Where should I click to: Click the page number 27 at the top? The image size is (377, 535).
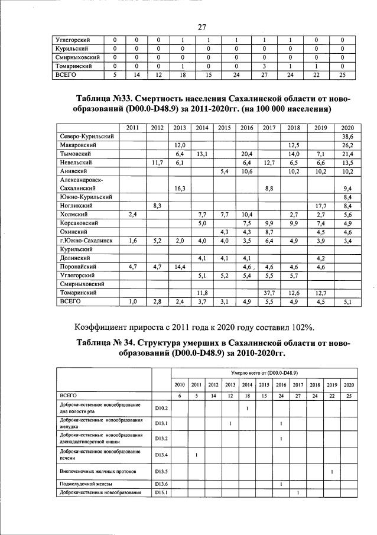tap(201, 27)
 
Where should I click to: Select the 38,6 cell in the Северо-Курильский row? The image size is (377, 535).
tap(347, 136)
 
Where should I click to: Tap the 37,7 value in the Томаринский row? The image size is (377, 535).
tap(269, 292)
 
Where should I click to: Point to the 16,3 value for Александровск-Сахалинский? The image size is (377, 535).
tap(180, 187)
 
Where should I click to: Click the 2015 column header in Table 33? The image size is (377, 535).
tap(225, 128)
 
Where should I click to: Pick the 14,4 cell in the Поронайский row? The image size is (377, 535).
tap(180, 267)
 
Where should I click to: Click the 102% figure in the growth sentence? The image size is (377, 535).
tap(299, 328)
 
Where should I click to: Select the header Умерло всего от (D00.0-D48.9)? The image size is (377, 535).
tap(263, 374)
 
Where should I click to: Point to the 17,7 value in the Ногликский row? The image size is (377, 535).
tap(321, 205)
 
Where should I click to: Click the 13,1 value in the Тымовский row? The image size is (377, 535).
tap(202, 153)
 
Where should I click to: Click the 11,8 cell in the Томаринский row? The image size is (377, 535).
tap(202, 292)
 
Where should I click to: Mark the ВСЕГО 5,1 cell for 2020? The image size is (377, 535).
tap(347, 301)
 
